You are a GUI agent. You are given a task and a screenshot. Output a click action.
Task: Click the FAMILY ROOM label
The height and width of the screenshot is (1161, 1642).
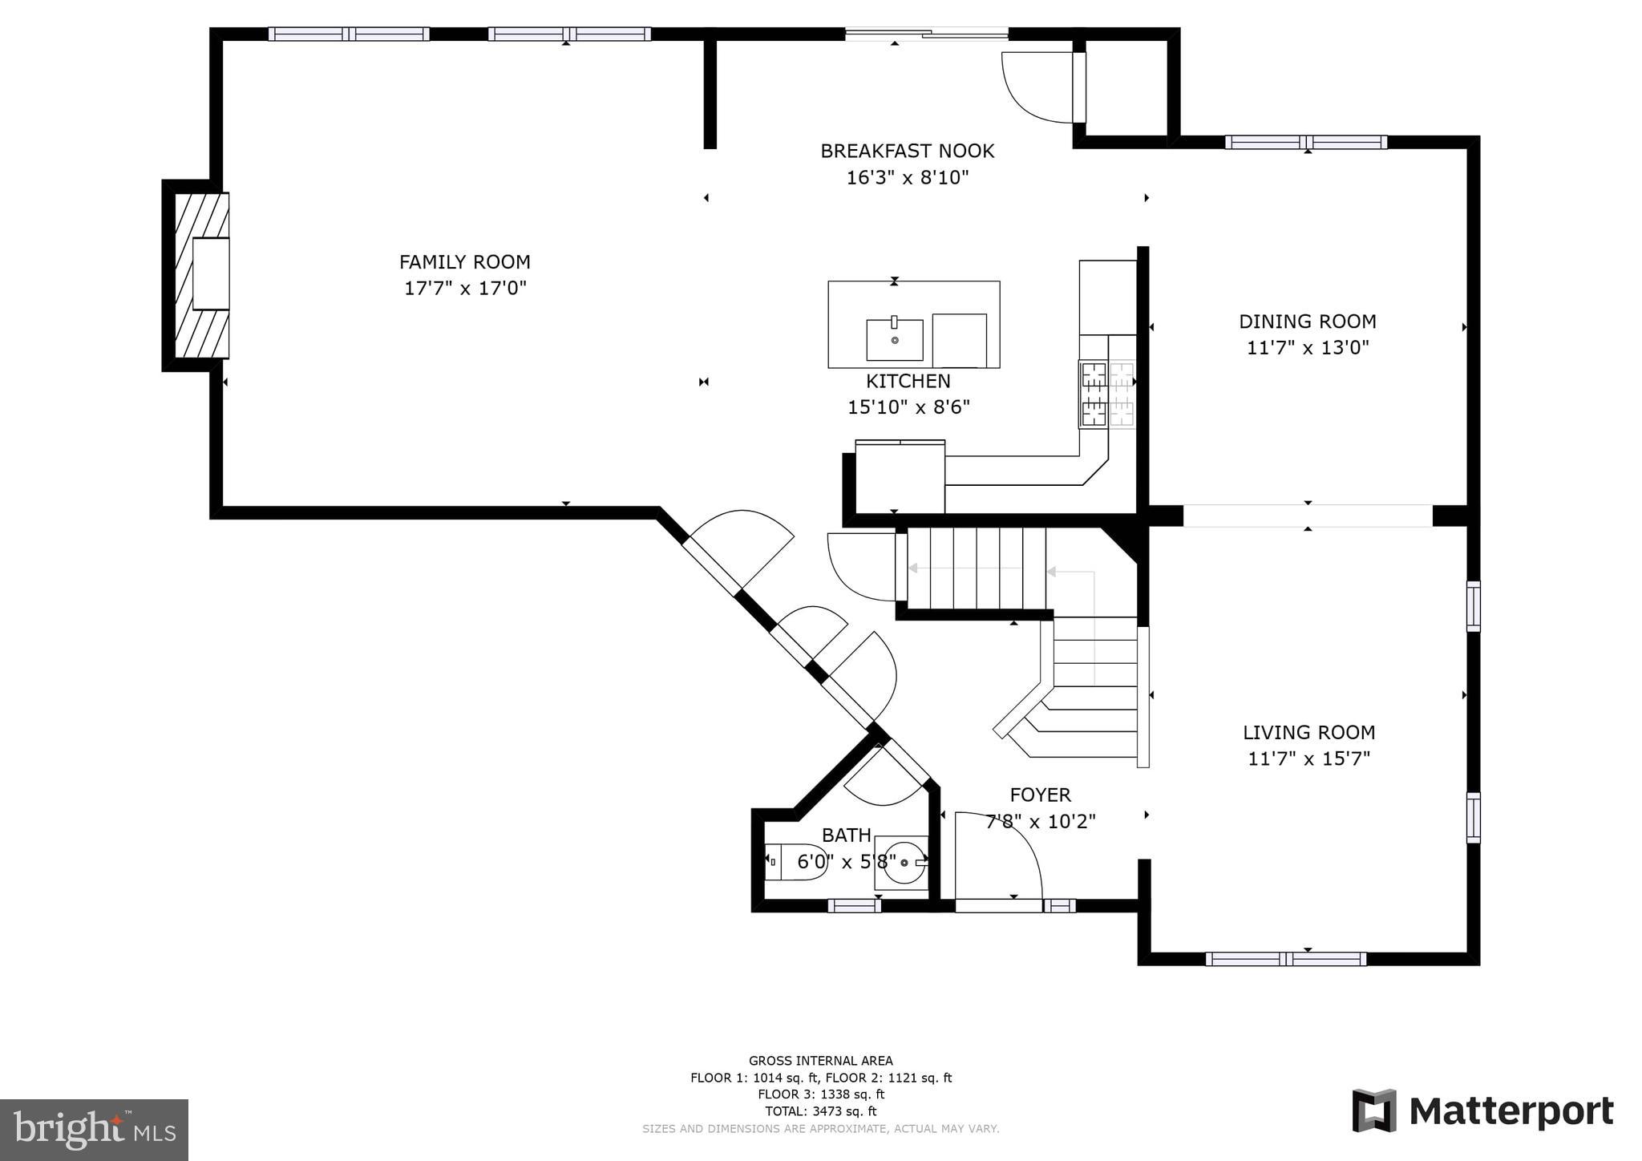click(x=464, y=262)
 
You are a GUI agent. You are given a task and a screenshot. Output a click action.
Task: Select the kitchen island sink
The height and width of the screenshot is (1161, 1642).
click(x=894, y=339)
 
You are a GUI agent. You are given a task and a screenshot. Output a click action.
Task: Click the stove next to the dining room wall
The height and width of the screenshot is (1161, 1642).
click(x=1106, y=394)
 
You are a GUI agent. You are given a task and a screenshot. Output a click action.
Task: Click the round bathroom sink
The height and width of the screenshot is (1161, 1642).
click(x=904, y=862)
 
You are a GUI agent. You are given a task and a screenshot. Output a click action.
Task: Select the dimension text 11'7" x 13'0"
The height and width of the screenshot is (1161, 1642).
click(x=1307, y=348)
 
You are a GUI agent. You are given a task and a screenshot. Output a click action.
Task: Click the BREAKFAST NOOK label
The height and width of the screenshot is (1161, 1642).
click(x=907, y=151)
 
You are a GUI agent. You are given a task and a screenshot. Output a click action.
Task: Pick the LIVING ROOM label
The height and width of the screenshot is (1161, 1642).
click(x=1308, y=732)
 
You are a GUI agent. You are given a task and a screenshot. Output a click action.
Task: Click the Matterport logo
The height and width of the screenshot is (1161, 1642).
click(x=1482, y=1111)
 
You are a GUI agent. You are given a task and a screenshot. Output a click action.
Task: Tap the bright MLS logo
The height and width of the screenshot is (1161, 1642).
click(x=94, y=1131)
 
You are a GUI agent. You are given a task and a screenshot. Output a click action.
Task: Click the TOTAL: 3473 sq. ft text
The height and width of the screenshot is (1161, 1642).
click(x=820, y=1111)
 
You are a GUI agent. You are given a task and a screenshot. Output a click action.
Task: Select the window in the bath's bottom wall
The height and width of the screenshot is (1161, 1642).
click(x=854, y=906)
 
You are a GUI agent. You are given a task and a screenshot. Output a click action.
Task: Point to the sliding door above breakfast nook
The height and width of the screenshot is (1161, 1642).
click(x=926, y=34)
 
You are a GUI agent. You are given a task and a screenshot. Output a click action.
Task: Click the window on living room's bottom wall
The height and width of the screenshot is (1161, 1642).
click(x=1285, y=959)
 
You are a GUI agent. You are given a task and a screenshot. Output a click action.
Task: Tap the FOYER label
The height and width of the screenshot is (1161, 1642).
click(x=1040, y=795)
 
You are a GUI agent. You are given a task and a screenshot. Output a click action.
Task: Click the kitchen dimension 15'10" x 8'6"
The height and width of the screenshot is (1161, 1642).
click(x=908, y=407)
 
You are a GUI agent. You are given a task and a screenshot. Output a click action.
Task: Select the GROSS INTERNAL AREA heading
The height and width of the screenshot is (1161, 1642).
click(x=820, y=1061)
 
